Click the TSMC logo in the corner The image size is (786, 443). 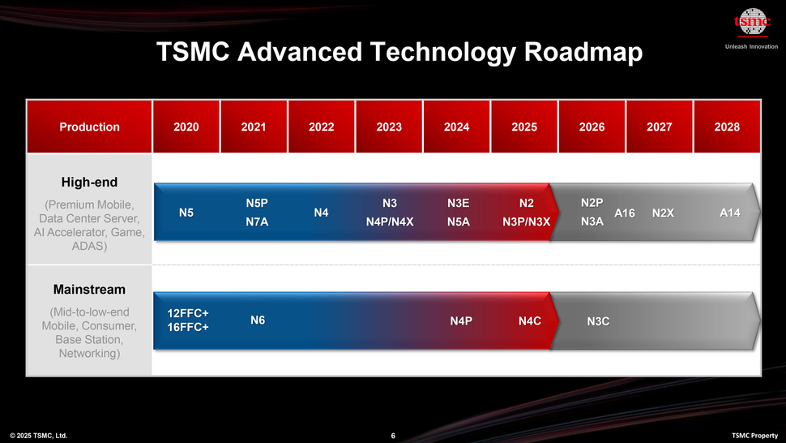coord(751,23)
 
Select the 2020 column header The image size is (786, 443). coord(186,127)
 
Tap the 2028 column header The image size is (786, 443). coord(727,127)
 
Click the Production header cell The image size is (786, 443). coord(89,127)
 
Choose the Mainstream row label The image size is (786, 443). coord(89,289)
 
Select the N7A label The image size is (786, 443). coord(258,221)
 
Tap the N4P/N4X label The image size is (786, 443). coord(390,221)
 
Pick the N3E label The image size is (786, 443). coord(459,203)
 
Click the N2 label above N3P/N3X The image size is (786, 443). coord(527,203)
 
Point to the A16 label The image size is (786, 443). coord(625,213)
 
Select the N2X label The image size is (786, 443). coord(663,213)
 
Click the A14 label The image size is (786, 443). coord(730,213)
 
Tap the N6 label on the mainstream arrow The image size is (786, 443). coord(258,320)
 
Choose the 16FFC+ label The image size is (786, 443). coord(188,327)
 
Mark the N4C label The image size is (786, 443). coord(529,321)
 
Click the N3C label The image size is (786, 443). coord(598,322)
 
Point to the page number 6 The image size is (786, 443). coord(393,437)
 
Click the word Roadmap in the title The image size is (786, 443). coord(583,52)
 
